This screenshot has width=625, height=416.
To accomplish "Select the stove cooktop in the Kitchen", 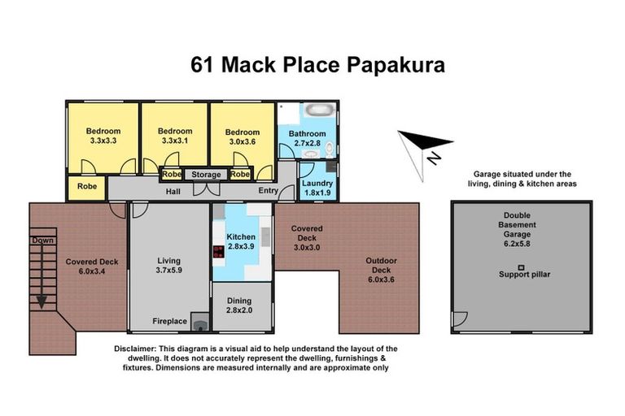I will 219,252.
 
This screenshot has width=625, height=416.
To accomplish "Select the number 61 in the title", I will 204,64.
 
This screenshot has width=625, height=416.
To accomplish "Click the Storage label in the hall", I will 207,174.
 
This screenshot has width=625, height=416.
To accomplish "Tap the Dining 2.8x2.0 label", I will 242,305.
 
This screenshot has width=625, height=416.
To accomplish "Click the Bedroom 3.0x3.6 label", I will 243,136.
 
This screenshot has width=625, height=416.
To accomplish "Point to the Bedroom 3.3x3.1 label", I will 175,136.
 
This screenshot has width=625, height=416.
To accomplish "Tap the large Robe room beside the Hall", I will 86,186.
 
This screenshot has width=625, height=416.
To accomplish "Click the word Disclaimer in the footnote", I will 135,349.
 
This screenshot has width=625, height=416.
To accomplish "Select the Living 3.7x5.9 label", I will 168,266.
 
